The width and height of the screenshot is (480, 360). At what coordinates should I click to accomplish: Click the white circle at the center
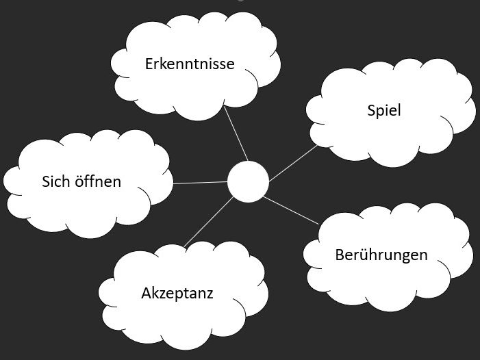tap(247, 182)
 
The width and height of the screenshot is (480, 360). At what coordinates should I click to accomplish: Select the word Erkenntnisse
tap(190, 64)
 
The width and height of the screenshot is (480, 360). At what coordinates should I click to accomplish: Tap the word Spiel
tap(383, 110)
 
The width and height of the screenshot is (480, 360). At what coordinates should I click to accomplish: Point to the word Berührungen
tap(381, 255)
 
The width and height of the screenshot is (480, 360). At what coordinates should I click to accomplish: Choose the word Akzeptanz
tap(177, 294)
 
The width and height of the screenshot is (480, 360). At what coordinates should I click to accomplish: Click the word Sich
tap(55, 181)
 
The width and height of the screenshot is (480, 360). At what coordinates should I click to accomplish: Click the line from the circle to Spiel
tap(293, 162)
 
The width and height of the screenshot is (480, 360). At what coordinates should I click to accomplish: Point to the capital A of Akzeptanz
tap(147, 294)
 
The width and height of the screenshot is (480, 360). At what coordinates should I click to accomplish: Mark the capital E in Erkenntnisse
tap(149, 64)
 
